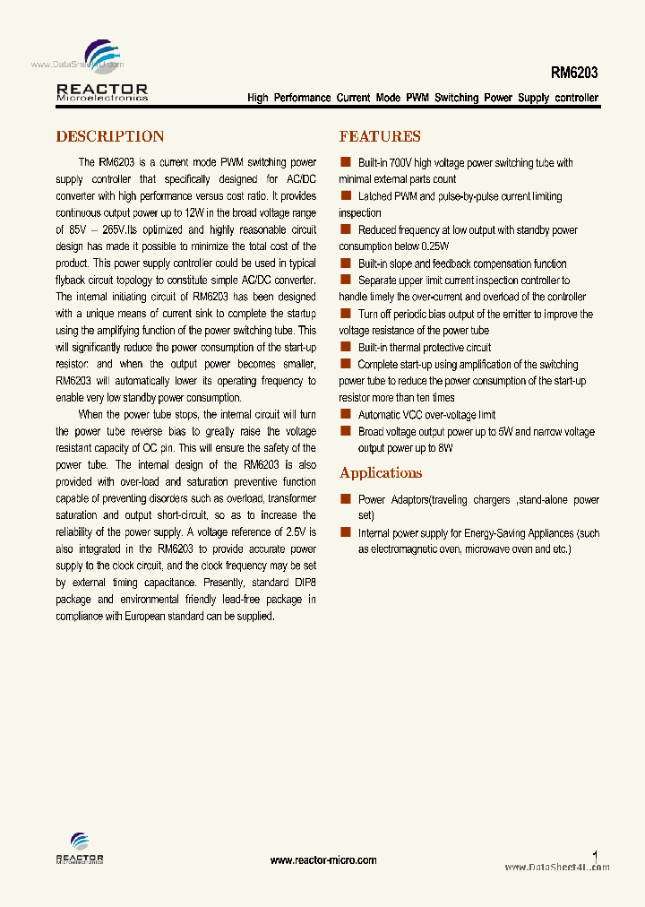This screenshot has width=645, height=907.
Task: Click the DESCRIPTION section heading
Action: (110, 136)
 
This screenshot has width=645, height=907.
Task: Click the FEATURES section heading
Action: (380, 136)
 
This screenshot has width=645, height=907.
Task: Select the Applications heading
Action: (381, 473)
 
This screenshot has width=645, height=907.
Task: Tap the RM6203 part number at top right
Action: (575, 73)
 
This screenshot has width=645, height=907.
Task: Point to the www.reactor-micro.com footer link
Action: (323, 859)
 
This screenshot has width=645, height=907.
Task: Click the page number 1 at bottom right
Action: (596, 856)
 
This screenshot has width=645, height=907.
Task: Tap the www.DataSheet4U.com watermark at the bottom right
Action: (556, 867)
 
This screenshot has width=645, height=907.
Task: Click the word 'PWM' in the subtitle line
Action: (417, 98)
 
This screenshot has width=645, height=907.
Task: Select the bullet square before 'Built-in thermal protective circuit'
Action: (345, 347)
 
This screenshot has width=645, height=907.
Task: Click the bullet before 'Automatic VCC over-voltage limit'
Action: (345, 414)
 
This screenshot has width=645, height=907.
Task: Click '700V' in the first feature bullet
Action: (401, 163)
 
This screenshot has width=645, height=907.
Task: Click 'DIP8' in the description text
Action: (303, 583)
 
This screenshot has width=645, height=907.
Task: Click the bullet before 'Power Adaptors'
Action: (345, 499)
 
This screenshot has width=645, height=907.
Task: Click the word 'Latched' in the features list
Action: (374, 196)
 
